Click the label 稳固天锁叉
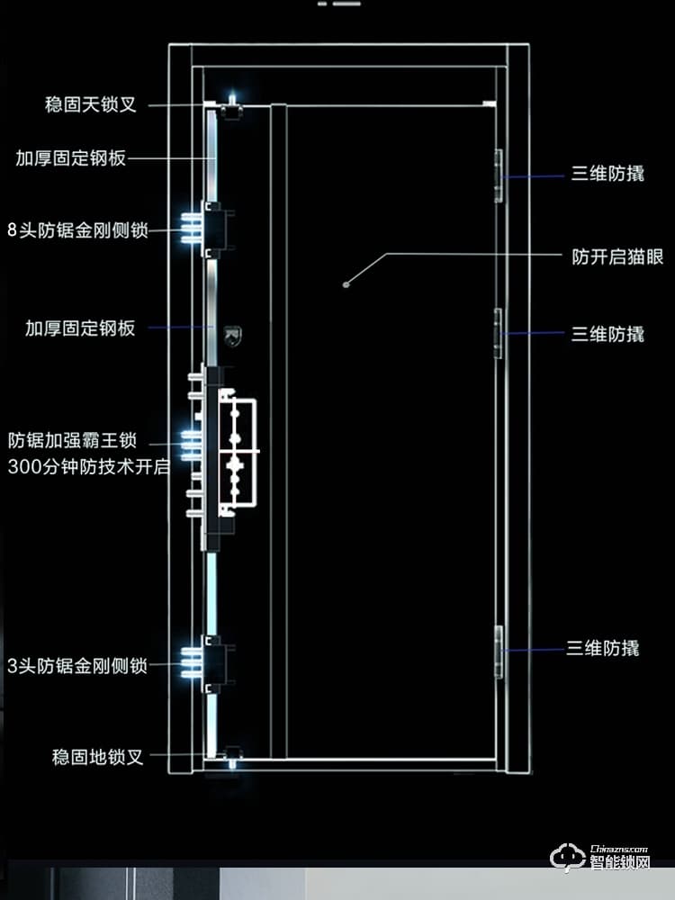pyautogui.click(x=91, y=104)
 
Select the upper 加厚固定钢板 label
pyautogui.click(x=70, y=158)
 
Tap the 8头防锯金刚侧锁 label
pyautogui.click(x=76, y=229)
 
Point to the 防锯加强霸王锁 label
pyautogui.click(x=72, y=441)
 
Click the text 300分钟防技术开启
pyautogui.click(x=88, y=467)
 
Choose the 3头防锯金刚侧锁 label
pyautogui.click(x=76, y=666)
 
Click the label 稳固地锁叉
pyautogui.click(x=98, y=757)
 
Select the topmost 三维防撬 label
pyautogui.click(x=607, y=175)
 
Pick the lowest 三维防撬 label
pyautogui.click(x=602, y=648)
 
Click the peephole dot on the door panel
pyautogui.click(x=346, y=284)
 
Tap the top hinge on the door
pyautogui.click(x=499, y=175)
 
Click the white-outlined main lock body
pyautogui.click(x=236, y=450)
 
